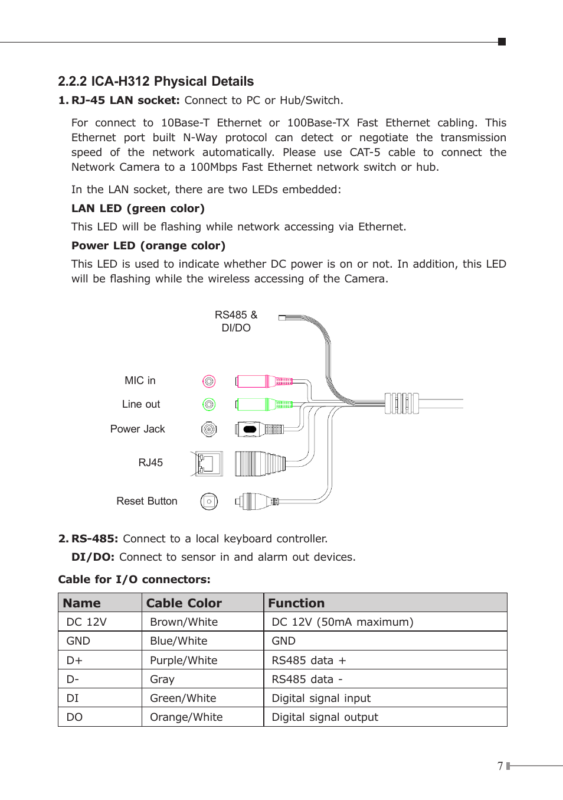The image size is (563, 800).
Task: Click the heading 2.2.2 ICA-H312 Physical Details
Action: click(156, 82)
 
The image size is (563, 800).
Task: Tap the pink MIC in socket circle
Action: click(209, 381)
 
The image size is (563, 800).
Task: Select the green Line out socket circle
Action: click(209, 404)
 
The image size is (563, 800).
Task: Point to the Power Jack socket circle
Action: click(209, 429)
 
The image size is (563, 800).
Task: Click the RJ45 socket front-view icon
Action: click(208, 463)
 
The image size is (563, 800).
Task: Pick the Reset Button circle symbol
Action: click(209, 502)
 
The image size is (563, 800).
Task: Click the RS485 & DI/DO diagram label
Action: click(236, 321)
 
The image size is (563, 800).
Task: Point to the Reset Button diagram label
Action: click(147, 501)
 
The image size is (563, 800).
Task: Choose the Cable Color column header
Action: click(184, 603)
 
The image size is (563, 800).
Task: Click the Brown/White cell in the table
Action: click(184, 622)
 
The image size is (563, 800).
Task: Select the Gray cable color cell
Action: click(162, 679)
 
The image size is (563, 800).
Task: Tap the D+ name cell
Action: click(74, 661)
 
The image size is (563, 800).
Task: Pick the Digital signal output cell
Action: click(325, 717)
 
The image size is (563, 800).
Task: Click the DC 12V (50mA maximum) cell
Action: click(342, 622)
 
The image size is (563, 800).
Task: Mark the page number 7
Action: click(500, 766)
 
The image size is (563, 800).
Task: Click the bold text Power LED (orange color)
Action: click(148, 246)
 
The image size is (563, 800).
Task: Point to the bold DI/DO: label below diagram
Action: click(93, 557)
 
